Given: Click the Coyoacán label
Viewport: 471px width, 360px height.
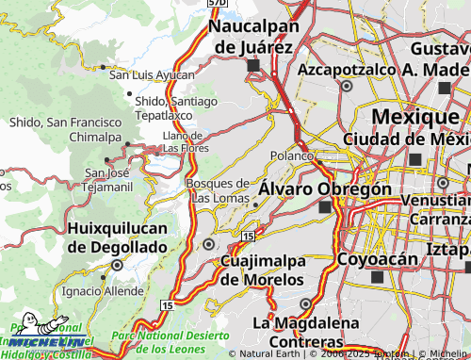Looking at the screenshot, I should (x=377, y=258).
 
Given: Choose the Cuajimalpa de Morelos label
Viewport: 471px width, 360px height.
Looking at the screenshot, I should (x=262, y=270).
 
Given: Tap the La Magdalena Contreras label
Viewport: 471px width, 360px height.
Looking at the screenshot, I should (x=305, y=332).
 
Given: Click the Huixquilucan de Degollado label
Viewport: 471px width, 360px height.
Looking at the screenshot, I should (x=117, y=237).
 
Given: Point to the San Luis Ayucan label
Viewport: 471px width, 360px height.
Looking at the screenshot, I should (x=153, y=74).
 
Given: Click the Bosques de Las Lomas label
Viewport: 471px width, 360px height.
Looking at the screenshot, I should (x=218, y=190).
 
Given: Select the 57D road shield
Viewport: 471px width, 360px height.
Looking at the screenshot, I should (x=217, y=4).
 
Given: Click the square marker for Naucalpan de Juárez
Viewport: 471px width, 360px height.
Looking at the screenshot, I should (x=252, y=66).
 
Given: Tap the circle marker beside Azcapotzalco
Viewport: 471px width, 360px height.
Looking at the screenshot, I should (x=347, y=86).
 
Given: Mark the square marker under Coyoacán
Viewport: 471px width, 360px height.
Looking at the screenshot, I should (x=378, y=278).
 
